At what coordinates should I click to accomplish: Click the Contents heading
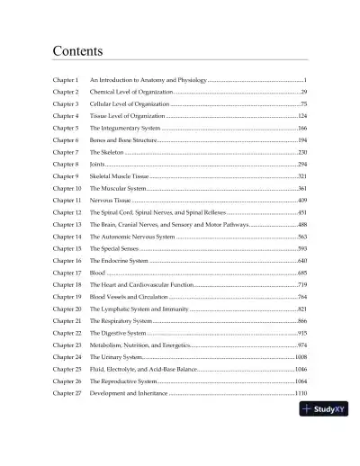[x=77, y=50]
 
